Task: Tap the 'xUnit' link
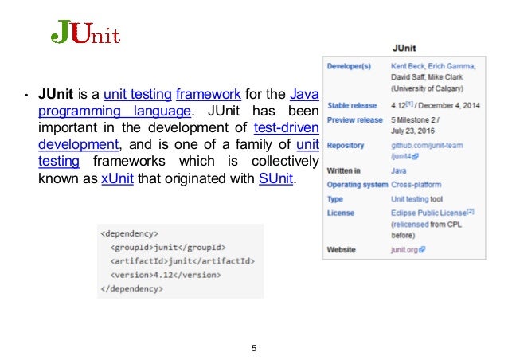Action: [x=118, y=178]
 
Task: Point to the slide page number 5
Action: [x=253, y=348]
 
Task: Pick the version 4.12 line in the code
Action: [x=163, y=275]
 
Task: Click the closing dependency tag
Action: [x=133, y=288]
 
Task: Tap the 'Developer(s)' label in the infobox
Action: [x=350, y=66]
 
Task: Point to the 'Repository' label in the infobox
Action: [x=346, y=146]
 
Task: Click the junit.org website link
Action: [x=408, y=250]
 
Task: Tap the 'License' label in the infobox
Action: [x=341, y=213]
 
